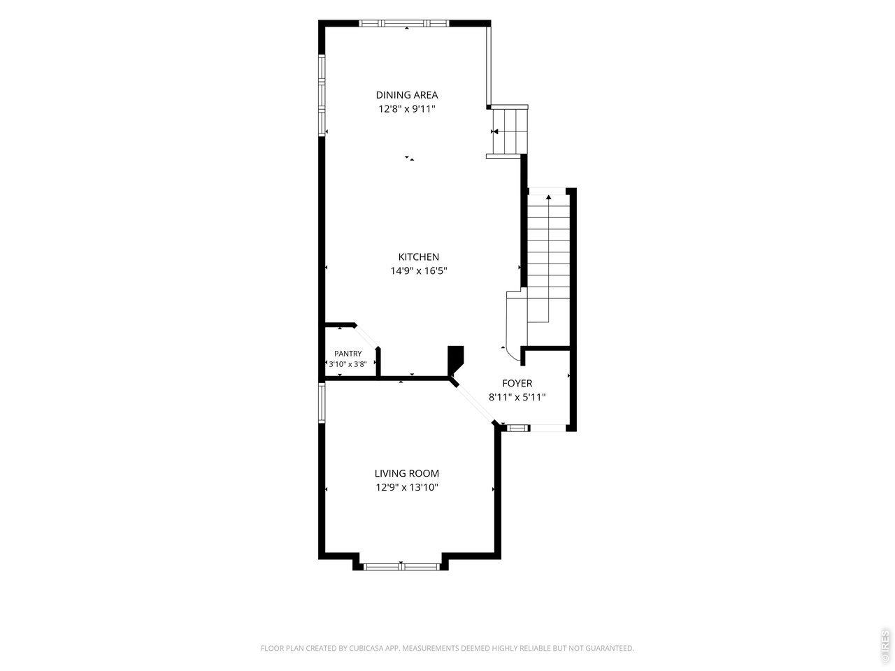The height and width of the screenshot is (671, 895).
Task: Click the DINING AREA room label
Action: pyautogui.click(x=406, y=95)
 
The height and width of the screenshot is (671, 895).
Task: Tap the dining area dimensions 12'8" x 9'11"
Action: pyautogui.click(x=406, y=109)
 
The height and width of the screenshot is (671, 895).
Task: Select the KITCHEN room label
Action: pyautogui.click(x=418, y=257)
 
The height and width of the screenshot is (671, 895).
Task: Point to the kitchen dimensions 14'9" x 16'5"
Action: pyautogui.click(x=418, y=270)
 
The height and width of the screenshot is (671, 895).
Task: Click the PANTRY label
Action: pyautogui.click(x=348, y=354)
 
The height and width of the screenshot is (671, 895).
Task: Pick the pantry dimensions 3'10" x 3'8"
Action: pyautogui.click(x=348, y=364)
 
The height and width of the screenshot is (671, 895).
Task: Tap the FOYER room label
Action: pyautogui.click(x=517, y=383)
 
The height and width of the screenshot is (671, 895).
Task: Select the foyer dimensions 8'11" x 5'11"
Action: pyautogui.click(x=517, y=397)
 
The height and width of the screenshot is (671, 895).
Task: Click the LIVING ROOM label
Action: pyautogui.click(x=406, y=473)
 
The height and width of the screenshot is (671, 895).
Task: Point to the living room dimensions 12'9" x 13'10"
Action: pyautogui.click(x=406, y=487)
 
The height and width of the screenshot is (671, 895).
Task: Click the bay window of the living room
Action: pyautogui.click(x=401, y=566)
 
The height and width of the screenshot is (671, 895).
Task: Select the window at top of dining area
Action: pyautogui.click(x=403, y=24)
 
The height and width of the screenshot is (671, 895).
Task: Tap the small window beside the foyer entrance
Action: pyautogui.click(x=517, y=428)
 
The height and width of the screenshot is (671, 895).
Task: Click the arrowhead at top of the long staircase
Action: pyautogui.click(x=548, y=197)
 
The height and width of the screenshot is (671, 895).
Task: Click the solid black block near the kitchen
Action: pyautogui.click(x=455, y=359)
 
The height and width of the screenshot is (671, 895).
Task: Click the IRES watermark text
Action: pyautogui.click(x=885, y=642)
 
